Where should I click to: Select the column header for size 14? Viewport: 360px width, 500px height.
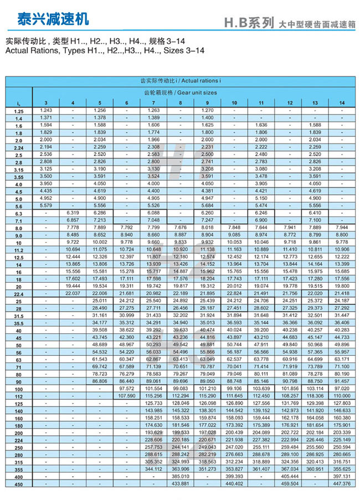pyautogui.click(x=342, y=103)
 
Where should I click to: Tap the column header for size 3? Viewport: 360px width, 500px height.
pyautogui.click(x=46, y=103)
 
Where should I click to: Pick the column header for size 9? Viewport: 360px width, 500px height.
pyautogui.click(x=207, y=103)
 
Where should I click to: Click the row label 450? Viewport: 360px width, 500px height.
pyautogui.click(x=19, y=484)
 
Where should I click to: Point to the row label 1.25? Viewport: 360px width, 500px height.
pyautogui.click(x=19, y=111)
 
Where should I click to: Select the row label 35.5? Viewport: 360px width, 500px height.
pyautogui.click(x=19, y=323)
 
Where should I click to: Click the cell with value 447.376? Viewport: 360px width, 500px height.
pyautogui.click(x=342, y=484)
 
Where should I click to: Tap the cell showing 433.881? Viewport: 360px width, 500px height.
pyautogui.click(x=181, y=484)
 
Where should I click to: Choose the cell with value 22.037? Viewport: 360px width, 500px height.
pyautogui.click(x=73, y=293)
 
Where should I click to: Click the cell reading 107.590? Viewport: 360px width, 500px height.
pyautogui.click(x=127, y=396)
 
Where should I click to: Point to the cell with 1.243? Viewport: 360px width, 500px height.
pyautogui.click(x=46, y=110)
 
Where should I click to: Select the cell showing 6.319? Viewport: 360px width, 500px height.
pyautogui.click(x=73, y=213)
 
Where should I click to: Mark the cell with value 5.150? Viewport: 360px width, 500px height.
pyautogui.click(x=261, y=198)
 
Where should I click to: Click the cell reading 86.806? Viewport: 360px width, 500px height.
pyautogui.click(x=100, y=381)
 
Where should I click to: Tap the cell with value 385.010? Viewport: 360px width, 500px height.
pyautogui.click(x=181, y=476)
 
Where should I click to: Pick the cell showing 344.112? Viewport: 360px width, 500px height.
pyautogui.click(x=153, y=469)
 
